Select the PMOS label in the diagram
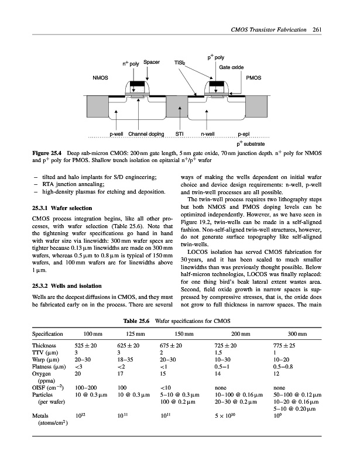pos(253,77)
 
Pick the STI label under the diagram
pos(181,134)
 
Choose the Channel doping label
pos(146,134)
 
